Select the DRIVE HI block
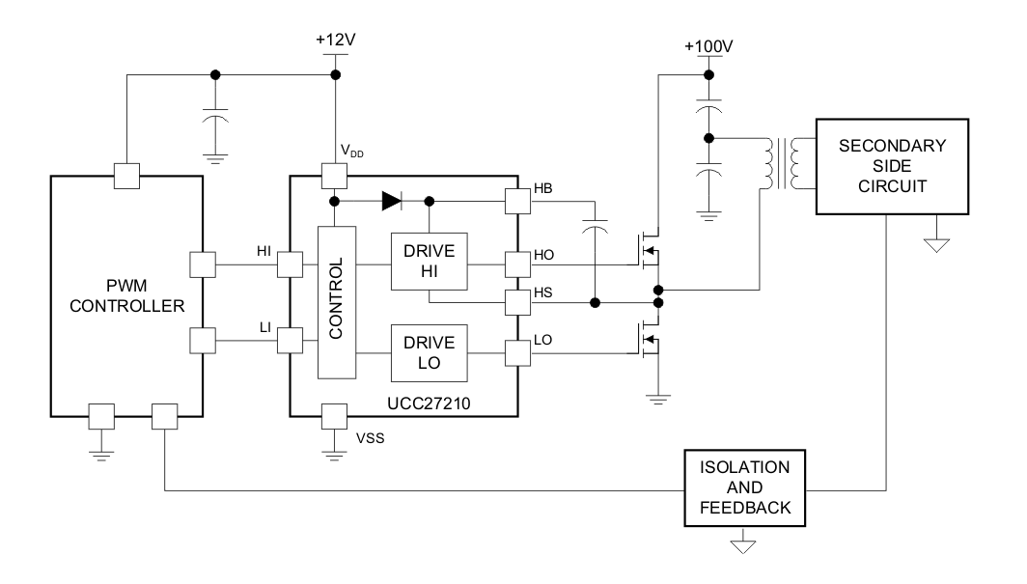[x=429, y=261]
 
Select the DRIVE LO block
[x=429, y=353]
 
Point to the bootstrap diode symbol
[x=391, y=201]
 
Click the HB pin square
[x=517, y=201]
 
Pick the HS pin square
[x=517, y=303]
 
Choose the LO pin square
[x=517, y=354]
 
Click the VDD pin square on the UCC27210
[x=334, y=176]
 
